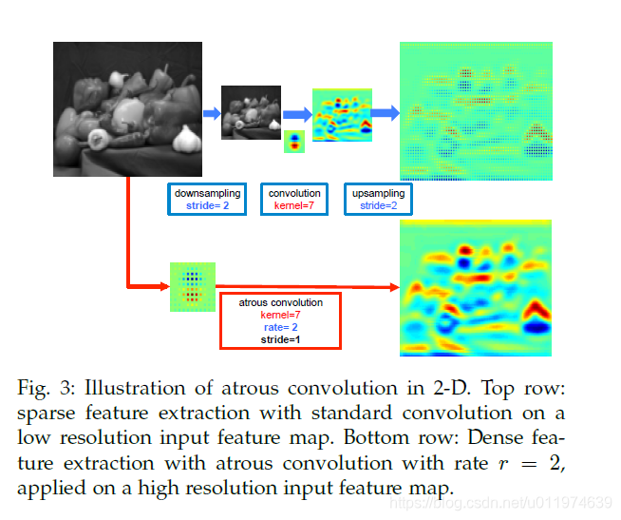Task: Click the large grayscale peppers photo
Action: tap(128, 111)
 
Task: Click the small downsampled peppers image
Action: tap(251, 112)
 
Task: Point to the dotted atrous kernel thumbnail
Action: tap(193, 285)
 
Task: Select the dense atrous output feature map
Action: tap(476, 288)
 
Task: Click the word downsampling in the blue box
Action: tap(207, 193)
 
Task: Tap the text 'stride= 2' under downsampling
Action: tap(207, 205)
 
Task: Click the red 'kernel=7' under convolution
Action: tap(293, 205)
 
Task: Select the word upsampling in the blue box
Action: tap(378, 193)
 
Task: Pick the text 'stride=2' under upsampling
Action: tap(378, 205)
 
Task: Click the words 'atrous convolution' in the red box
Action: tap(280, 302)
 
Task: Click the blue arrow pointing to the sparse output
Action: tap(385, 114)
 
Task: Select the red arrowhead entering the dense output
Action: tap(391, 287)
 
